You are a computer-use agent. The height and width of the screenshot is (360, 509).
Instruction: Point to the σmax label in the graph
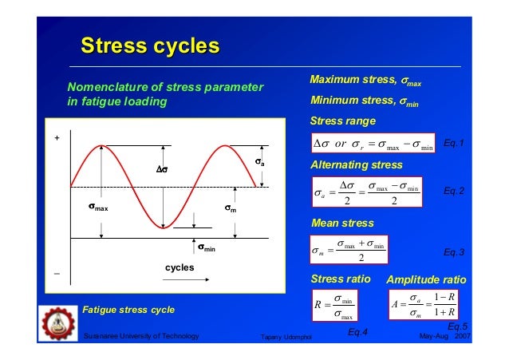coord(98,209)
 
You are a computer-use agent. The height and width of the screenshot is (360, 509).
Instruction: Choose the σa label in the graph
coord(259,163)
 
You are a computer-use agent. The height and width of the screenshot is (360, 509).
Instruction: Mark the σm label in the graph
coord(228,209)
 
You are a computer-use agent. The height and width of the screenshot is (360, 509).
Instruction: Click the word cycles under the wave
coord(180,267)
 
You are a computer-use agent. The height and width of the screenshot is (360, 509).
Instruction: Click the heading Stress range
coord(342,121)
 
